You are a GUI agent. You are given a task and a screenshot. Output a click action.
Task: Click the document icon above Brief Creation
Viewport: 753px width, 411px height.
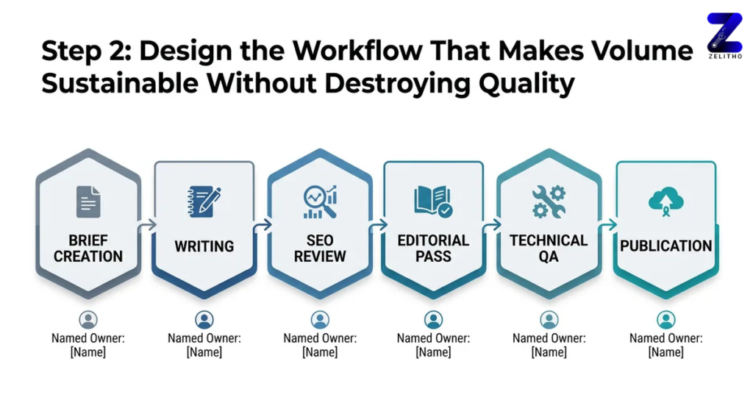pos(88,201)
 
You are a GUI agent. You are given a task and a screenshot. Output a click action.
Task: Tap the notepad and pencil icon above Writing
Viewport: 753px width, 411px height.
pos(204,201)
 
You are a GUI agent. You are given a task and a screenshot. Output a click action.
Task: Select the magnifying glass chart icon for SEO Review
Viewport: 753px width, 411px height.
pos(320,201)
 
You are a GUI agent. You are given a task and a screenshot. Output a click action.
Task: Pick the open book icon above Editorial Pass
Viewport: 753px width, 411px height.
pos(433,201)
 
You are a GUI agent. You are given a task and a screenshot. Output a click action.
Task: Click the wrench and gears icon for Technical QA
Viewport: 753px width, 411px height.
pos(549,201)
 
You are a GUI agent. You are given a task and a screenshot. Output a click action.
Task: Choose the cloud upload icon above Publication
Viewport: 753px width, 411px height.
pos(666,200)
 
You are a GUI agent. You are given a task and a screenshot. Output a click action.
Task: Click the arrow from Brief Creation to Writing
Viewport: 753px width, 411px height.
pos(147,226)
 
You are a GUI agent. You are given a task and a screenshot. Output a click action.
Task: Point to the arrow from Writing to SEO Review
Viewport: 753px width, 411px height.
pos(262,226)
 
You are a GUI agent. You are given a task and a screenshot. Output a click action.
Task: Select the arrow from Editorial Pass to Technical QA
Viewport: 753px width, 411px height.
pos(492,226)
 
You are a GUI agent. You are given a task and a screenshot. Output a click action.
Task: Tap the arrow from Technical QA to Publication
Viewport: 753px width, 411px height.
pos(608,226)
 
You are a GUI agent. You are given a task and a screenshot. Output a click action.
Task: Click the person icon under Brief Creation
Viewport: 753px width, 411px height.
pos(88,320)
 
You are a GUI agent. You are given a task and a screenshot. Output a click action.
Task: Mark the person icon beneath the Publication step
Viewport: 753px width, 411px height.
pos(666,320)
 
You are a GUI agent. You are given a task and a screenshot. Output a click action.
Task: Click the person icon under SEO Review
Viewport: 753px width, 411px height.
pos(320,320)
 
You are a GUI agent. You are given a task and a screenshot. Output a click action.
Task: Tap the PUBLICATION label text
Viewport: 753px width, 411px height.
pos(666,246)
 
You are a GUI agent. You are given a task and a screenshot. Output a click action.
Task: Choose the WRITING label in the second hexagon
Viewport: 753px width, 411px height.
pos(204,246)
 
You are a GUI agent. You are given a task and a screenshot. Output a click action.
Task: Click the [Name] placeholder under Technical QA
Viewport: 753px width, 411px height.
pos(549,352)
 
